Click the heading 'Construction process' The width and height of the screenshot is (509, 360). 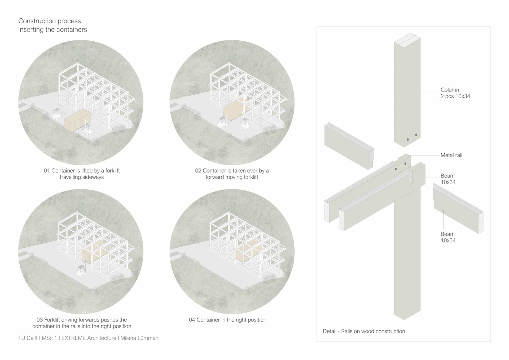pos(50,21)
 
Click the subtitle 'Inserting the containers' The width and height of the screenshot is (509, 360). pos(52,29)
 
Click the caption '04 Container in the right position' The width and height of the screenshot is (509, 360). pos(227,320)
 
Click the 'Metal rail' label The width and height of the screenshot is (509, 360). pos(451,155)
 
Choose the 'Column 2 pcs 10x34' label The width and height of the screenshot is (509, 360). pos(455,93)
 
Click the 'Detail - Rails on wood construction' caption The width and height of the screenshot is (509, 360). pos(364,331)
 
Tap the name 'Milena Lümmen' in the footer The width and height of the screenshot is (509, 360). pos(139,338)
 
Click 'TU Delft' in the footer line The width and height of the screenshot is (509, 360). pos(28,338)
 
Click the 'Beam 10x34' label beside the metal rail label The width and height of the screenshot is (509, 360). pos(448,179)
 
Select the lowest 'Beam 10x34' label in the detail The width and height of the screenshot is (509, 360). pos(448,237)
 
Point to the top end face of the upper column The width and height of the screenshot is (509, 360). pos(407,37)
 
